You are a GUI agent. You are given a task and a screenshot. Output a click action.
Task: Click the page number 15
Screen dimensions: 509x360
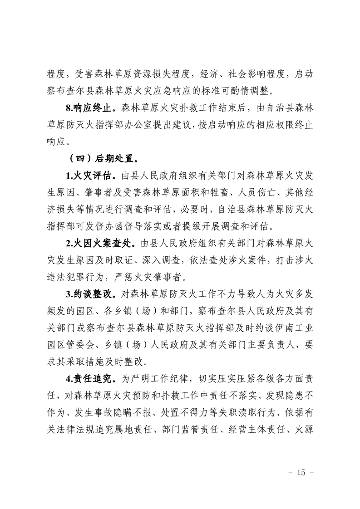300,472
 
